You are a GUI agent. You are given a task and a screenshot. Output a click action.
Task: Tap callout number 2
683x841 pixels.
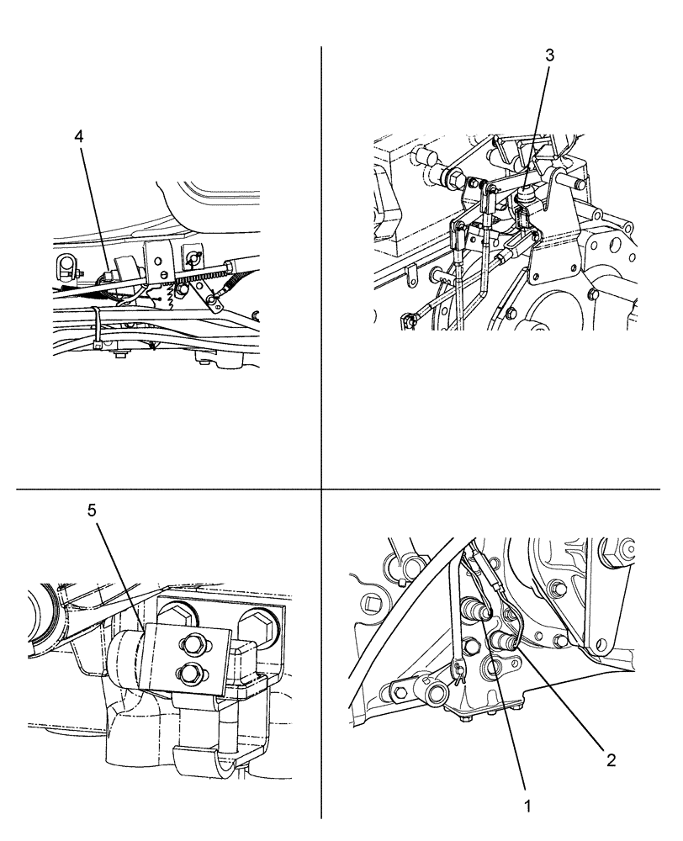pyautogui.click(x=612, y=760)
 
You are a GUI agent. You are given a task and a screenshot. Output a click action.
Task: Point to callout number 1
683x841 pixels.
pyautogui.click(x=527, y=805)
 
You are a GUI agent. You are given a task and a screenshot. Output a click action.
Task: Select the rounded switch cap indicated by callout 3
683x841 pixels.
pyautogui.click(x=526, y=196)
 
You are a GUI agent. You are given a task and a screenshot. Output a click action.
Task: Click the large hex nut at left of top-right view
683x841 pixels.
pyautogui.click(x=453, y=178)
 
